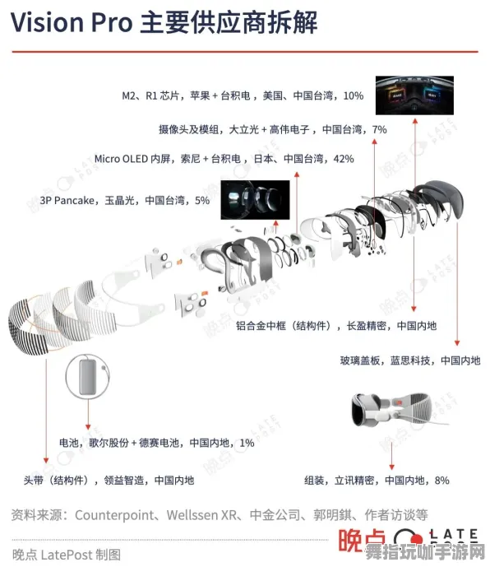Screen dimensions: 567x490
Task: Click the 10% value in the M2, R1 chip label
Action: [x=353, y=95]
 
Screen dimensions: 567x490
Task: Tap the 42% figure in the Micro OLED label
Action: [x=343, y=158]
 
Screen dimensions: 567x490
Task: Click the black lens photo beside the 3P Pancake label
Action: [x=255, y=199]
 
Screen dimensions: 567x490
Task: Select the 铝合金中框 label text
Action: [x=272, y=326]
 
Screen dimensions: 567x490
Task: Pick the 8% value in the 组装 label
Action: [x=441, y=480]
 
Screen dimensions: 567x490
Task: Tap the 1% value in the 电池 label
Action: [x=247, y=443]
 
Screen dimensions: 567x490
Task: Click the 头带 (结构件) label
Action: [x=56, y=480]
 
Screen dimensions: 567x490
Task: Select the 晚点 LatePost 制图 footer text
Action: [x=66, y=554]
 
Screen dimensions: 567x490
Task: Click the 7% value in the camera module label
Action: [x=379, y=128]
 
